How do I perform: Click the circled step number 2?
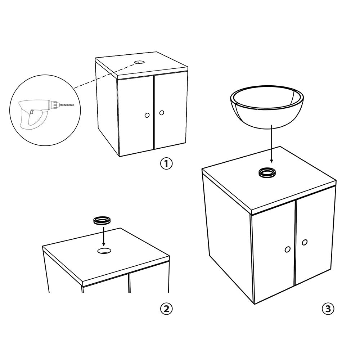166,309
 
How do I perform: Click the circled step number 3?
328,309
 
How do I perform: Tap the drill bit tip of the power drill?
73,105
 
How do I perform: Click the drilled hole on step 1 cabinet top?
139,62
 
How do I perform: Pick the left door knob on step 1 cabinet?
147,115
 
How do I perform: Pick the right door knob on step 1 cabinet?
162,113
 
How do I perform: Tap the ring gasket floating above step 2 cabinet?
103,220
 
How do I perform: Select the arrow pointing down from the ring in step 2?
103,236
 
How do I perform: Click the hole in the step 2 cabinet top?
104,251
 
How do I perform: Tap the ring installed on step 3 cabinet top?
267,172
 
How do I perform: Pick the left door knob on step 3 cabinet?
287,249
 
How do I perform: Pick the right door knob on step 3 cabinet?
305,243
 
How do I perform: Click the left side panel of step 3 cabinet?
227,238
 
